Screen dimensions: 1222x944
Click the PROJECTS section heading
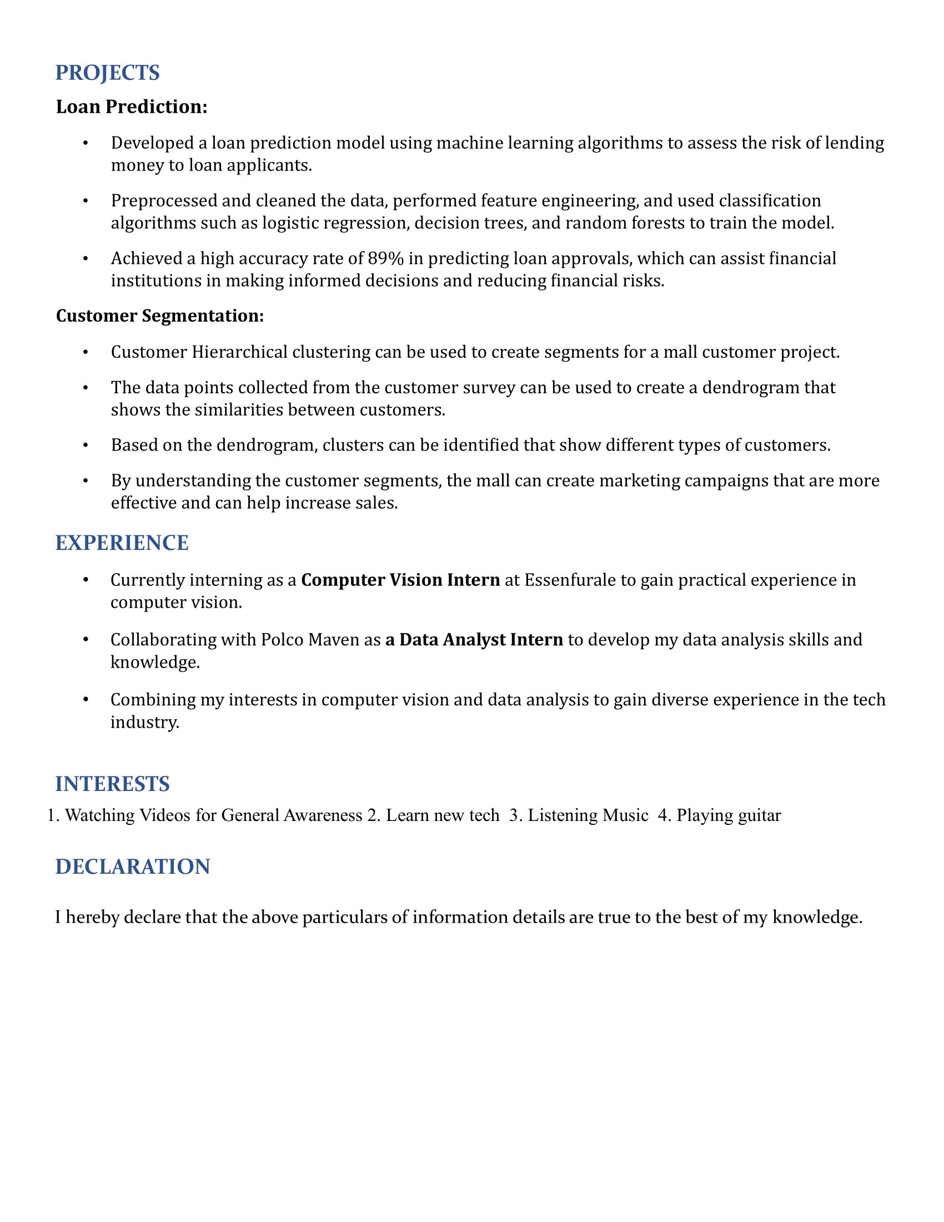107,73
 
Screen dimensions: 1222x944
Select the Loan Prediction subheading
132,106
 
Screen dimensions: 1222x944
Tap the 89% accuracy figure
385,258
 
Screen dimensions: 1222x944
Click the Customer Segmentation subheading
159,316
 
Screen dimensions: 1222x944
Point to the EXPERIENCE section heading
122,543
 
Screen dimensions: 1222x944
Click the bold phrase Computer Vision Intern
400,580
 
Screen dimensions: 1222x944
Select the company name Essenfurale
570,580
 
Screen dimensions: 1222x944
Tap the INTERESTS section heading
112,784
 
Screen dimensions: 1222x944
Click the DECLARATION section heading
133,867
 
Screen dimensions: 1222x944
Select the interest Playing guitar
728,815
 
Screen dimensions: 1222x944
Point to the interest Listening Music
587,815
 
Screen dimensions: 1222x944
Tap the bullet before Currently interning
86,580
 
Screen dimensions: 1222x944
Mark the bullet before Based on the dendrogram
86,445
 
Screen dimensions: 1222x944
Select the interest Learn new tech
443,815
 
